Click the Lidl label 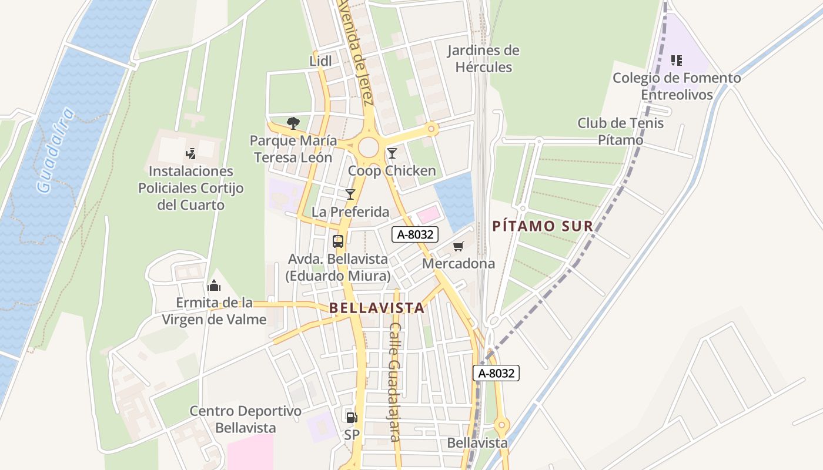pyautogui.click(x=320, y=61)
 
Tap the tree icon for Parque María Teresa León pyautogui.click(x=293, y=123)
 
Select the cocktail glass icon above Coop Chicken pyautogui.click(x=392, y=153)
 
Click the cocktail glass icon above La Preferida pyautogui.click(x=350, y=194)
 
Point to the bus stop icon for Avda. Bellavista pyautogui.click(x=338, y=241)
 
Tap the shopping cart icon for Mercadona pyautogui.click(x=459, y=246)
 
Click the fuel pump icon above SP pyautogui.click(x=352, y=417)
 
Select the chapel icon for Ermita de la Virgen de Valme pyautogui.click(x=214, y=286)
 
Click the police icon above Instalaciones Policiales pyautogui.click(x=190, y=154)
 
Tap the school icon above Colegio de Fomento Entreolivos pyautogui.click(x=677, y=60)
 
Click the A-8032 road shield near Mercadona pyautogui.click(x=415, y=234)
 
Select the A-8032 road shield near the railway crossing pyautogui.click(x=497, y=373)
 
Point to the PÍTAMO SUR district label pyautogui.click(x=542, y=226)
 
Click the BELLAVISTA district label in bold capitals pyautogui.click(x=377, y=308)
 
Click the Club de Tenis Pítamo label pyautogui.click(x=620, y=132)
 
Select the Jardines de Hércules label pyautogui.click(x=483, y=59)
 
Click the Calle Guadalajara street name pyautogui.click(x=394, y=382)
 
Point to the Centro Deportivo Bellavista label pyautogui.click(x=245, y=419)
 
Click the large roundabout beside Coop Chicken pyautogui.click(x=369, y=147)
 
